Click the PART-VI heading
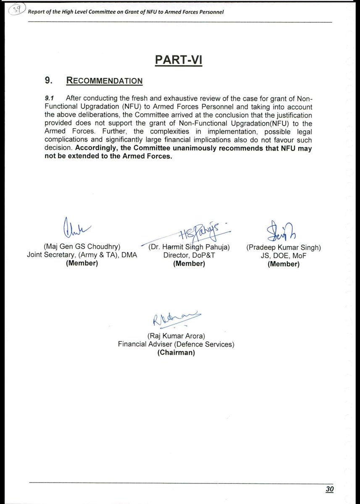point(179,60)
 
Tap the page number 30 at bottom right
point(329,489)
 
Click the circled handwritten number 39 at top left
point(17,10)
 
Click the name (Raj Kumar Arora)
point(176,336)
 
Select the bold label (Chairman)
point(176,353)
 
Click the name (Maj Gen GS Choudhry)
point(81,247)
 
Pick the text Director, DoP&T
point(189,255)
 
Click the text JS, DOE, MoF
point(283,256)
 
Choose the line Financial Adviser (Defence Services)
point(176,344)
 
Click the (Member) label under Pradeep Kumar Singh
point(283,264)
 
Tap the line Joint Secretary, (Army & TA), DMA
point(81,255)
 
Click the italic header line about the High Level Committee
point(125,12)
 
